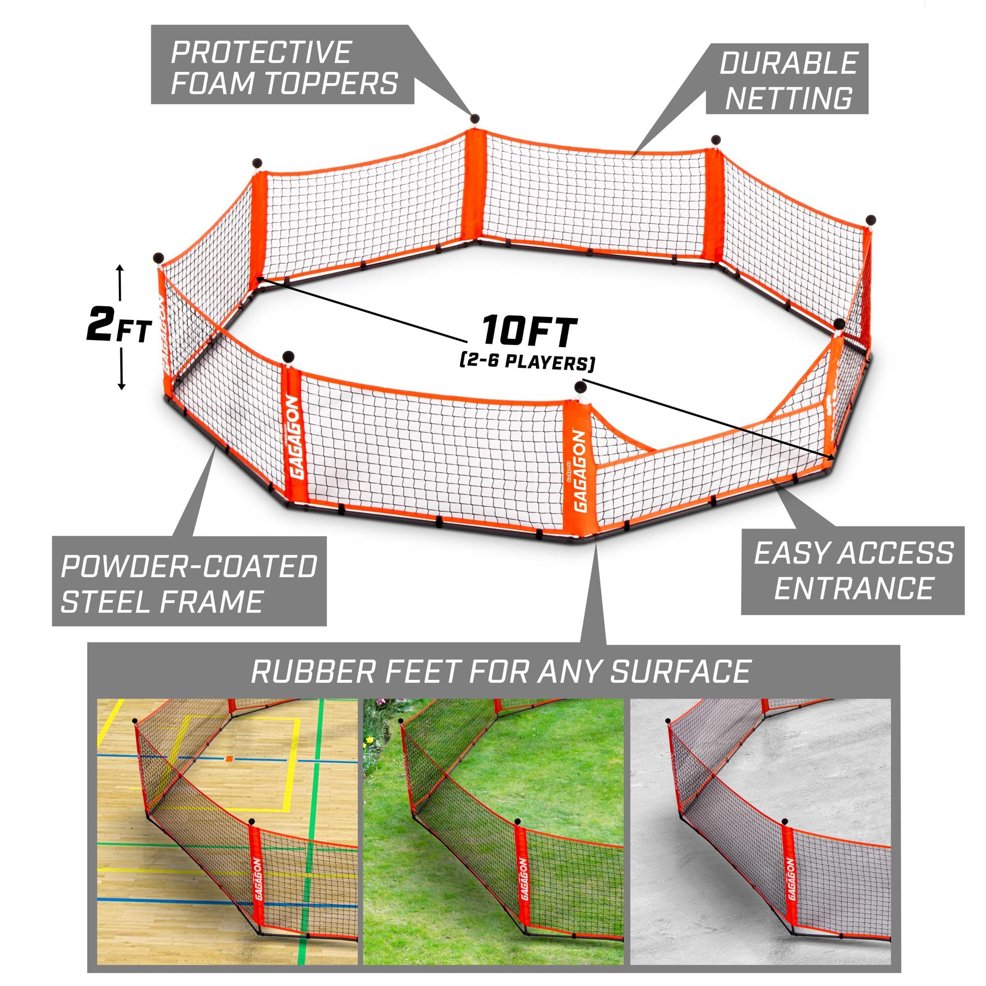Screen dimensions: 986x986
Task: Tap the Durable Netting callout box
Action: point(787,79)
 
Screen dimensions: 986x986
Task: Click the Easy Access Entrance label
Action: point(853,570)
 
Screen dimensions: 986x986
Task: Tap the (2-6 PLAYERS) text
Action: point(527,363)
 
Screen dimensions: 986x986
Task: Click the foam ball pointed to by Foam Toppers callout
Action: point(475,119)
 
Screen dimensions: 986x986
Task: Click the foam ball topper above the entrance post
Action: point(580,388)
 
